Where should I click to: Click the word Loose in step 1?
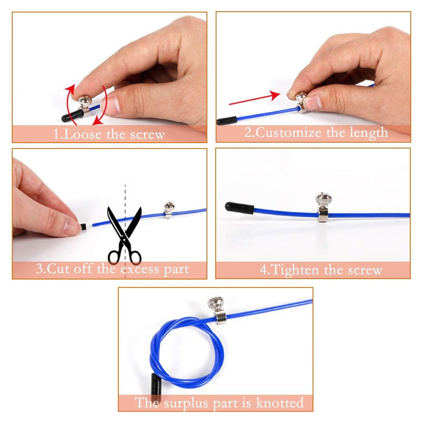[83, 134]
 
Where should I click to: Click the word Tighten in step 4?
[296, 270]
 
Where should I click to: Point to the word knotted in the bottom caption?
[280, 403]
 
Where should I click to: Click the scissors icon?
[125, 235]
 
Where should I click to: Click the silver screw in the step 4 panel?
[324, 206]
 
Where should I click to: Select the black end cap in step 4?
[240, 208]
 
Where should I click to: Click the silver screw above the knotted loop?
[217, 309]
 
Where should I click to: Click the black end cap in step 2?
[227, 121]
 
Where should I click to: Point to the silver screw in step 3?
[169, 209]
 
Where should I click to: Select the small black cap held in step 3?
[84, 226]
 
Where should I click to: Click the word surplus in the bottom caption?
[187, 403]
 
